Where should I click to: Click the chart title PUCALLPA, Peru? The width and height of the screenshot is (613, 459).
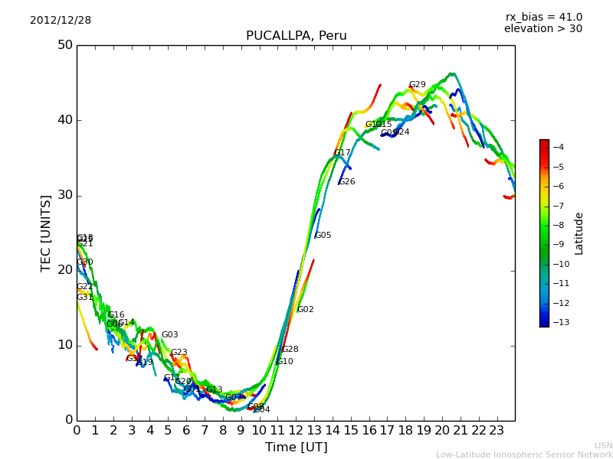point(296,36)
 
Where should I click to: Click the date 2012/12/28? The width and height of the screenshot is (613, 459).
point(61,21)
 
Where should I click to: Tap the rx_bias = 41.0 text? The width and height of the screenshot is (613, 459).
point(543,18)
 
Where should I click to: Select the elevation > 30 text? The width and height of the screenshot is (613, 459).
point(543,29)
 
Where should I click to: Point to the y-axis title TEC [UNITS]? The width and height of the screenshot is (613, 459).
point(47,233)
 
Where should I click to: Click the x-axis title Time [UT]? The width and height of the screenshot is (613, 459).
point(296,448)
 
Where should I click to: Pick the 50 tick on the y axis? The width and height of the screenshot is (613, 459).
point(64,45)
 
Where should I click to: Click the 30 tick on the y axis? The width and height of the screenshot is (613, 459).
point(64,195)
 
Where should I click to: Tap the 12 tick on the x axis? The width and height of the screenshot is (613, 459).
point(296,431)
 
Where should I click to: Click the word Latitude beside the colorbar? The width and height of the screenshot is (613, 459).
point(579,233)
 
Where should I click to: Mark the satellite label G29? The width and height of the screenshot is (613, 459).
point(417,85)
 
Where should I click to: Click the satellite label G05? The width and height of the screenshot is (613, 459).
point(323,236)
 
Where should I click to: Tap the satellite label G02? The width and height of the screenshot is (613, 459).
point(305,310)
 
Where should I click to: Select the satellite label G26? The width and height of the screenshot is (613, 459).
point(346,182)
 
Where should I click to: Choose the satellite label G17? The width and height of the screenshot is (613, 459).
point(342,153)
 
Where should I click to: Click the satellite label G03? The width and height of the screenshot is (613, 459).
point(169,335)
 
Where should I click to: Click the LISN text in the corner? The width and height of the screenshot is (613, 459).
point(603,445)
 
